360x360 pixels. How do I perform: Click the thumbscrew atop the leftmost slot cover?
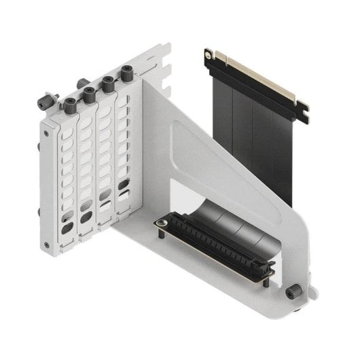point(70,104)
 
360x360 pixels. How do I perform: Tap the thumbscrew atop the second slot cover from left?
point(89,94)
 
